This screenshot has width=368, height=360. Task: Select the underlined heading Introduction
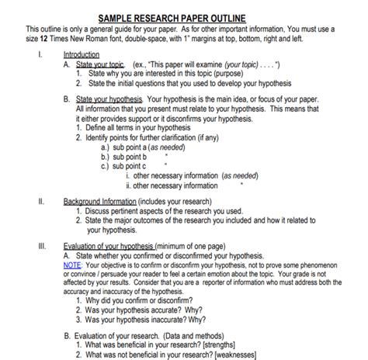82,56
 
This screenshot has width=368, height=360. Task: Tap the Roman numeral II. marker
40,200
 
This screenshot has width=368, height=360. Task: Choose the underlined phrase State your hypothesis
109,100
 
